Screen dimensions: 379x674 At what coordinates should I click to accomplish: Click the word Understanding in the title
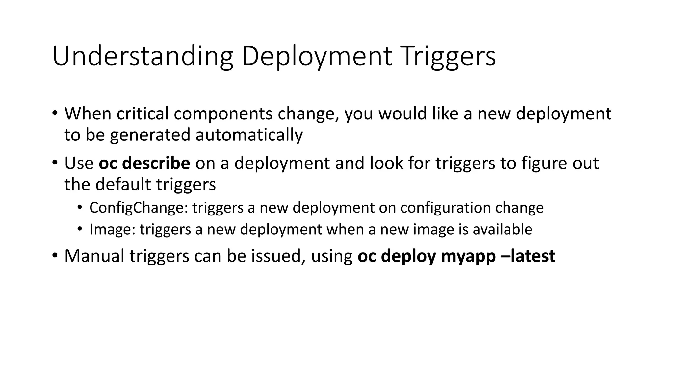[x=143, y=57]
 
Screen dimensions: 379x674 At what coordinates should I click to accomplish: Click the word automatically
[x=249, y=135]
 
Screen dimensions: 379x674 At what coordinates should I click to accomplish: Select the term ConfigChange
[x=139, y=208]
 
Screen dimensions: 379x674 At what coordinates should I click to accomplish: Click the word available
[x=502, y=229]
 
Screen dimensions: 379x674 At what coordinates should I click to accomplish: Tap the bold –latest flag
[x=528, y=256]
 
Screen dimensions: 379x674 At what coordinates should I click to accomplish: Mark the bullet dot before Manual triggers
[x=55, y=256]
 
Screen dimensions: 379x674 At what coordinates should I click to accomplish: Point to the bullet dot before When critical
[x=55, y=113]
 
